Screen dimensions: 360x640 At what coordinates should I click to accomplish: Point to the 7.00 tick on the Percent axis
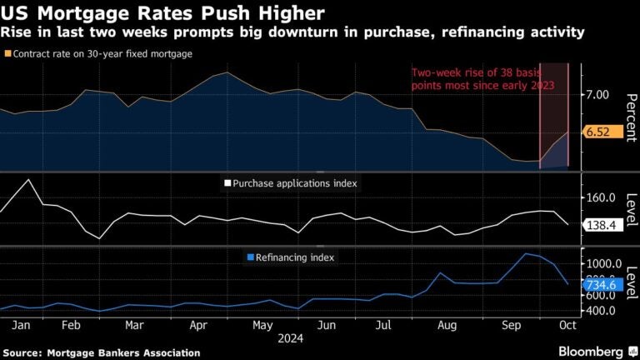click(x=597, y=96)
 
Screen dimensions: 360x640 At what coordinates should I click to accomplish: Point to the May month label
click(x=263, y=325)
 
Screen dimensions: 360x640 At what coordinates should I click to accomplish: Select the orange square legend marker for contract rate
click(x=8, y=54)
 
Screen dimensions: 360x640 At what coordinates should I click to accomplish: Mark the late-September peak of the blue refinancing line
click(x=526, y=253)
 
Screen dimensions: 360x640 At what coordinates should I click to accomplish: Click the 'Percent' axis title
click(x=631, y=116)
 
